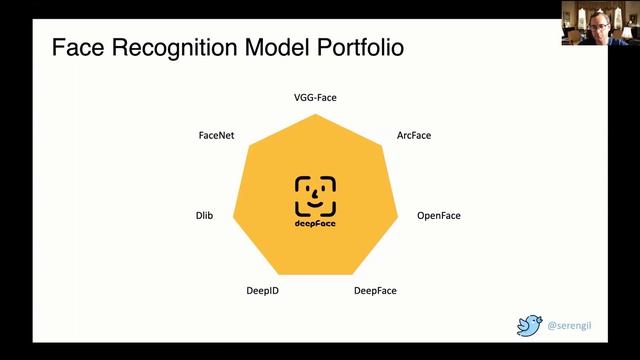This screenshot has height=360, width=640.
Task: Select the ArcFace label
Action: point(413,134)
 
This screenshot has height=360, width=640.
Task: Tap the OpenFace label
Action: point(438,215)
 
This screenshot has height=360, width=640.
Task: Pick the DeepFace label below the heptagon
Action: point(375,291)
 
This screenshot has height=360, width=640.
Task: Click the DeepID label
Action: point(262,291)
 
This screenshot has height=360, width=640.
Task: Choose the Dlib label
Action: point(203,215)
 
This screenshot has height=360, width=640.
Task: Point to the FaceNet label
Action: point(216,134)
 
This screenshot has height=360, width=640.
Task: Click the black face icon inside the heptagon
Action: point(315,196)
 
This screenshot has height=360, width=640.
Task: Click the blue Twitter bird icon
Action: point(529,325)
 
